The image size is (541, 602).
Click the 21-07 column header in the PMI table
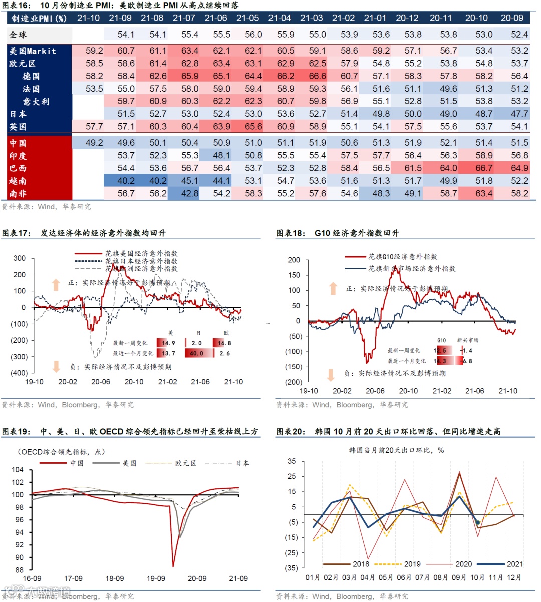click(x=184, y=18)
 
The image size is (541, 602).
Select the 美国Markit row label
click(x=33, y=51)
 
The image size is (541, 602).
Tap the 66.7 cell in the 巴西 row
click(x=483, y=168)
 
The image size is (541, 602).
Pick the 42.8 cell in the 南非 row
click(x=189, y=193)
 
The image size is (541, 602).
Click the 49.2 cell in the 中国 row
click(x=94, y=143)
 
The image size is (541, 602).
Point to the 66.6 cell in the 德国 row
click(x=317, y=76)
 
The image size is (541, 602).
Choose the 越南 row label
click(x=18, y=181)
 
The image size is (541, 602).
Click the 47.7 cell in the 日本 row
click(x=519, y=114)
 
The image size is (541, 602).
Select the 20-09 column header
click(x=512, y=18)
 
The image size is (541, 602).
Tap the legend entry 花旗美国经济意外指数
click(x=141, y=254)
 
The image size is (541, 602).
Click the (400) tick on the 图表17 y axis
click(x=19, y=373)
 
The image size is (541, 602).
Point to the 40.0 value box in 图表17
click(x=196, y=353)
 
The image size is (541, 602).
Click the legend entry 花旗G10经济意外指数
click(x=402, y=257)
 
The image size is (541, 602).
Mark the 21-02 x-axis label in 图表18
click(x=442, y=391)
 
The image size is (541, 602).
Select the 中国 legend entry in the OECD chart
click(x=77, y=463)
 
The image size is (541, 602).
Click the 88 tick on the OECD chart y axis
click(x=19, y=570)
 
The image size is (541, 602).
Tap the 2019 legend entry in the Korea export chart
click(x=412, y=564)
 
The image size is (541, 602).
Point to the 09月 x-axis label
click(x=459, y=577)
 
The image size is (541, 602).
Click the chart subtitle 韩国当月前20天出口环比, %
click(x=396, y=450)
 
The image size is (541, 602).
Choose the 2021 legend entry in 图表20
click(x=514, y=564)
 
